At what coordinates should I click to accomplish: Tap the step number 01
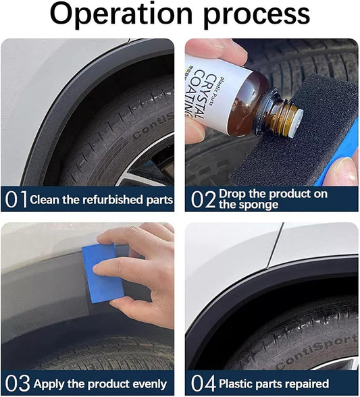pyautogui.click(x=16, y=199)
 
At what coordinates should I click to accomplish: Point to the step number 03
pyautogui.click(x=16, y=383)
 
